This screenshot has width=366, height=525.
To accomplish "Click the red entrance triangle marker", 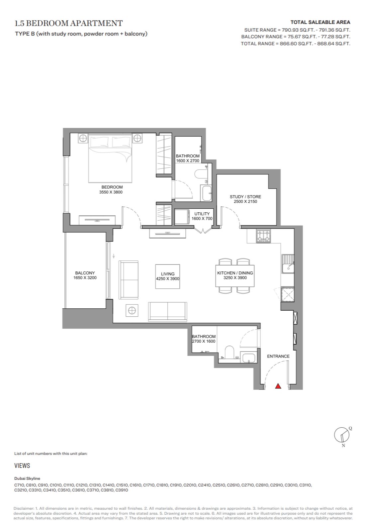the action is click(x=278, y=386).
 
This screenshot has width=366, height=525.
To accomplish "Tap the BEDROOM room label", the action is click(x=112, y=187).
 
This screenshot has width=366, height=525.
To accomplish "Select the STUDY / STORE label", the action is click(x=245, y=197).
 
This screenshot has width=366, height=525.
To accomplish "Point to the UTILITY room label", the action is click(x=202, y=214).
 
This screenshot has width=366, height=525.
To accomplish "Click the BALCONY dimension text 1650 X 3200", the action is click(x=85, y=278).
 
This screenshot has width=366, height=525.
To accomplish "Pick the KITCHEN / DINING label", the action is click(x=235, y=273).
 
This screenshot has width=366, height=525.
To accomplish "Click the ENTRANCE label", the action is click(x=278, y=356).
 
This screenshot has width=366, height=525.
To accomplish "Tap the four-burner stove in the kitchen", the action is click(x=264, y=236).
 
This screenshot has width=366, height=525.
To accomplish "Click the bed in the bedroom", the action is click(x=110, y=158).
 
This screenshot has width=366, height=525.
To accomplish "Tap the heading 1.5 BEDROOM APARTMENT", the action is click(x=68, y=23).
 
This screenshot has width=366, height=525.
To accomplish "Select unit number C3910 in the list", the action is click(x=122, y=490).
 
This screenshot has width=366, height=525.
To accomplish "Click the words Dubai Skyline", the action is click(x=27, y=478).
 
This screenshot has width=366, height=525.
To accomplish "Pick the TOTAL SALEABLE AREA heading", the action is click(x=320, y=22).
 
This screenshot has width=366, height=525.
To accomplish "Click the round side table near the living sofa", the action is click(x=132, y=310).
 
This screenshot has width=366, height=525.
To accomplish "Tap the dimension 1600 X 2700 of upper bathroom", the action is click(x=188, y=160).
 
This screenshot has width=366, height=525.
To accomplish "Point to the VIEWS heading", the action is click(x=22, y=466).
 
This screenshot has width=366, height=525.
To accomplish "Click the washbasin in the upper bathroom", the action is click(x=206, y=193).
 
